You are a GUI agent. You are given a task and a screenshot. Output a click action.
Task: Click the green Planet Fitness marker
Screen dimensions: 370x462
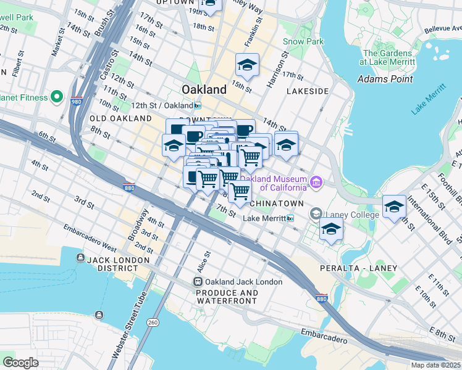[56, 97]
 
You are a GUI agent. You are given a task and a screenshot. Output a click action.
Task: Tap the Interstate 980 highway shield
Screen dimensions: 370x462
[77, 101]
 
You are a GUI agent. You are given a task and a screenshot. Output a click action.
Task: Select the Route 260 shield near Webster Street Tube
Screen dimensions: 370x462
[153, 322]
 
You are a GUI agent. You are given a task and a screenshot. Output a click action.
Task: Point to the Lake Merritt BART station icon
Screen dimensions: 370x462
[290, 218]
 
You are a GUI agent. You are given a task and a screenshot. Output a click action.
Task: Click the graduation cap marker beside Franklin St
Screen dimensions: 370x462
[247, 65]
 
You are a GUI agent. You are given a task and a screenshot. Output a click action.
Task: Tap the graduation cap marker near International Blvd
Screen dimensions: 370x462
[393, 207]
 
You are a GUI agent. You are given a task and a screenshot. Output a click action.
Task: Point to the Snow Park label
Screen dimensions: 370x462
[295, 41]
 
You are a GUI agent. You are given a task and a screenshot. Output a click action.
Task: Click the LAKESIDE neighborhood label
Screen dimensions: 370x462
[307, 91]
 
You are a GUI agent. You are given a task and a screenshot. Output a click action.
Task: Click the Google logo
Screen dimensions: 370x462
[21, 362]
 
